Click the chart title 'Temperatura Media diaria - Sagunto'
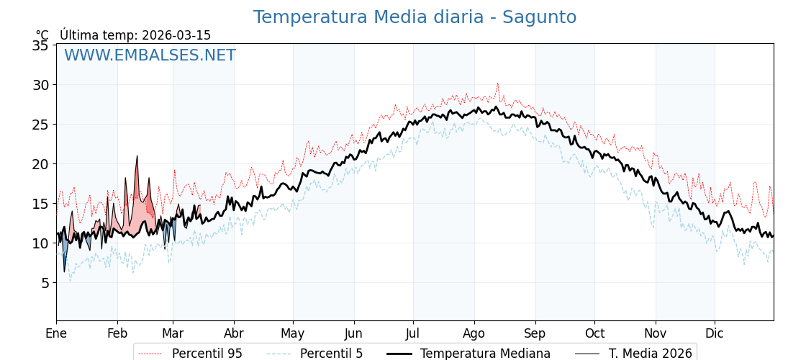[x=415, y=17]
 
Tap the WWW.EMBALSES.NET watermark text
[x=150, y=55]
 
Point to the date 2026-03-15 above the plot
[x=176, y=35]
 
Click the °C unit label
[x=42, y=35]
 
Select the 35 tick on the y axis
[x=40, y=45]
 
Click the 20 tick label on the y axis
[x=40, y=164]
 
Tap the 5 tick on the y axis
[x=44, y=283]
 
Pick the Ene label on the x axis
[x=56, y=333]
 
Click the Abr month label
[x=234, y=333]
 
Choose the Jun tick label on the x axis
[x=353, y=333]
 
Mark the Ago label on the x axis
[x=474, y=333]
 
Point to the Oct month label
[x=594, y=333]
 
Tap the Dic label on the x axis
[x=715, y=333]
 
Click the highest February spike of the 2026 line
[x=137, y=156]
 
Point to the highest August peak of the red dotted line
[x=497, y=84]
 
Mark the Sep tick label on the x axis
[x=535, y=333]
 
